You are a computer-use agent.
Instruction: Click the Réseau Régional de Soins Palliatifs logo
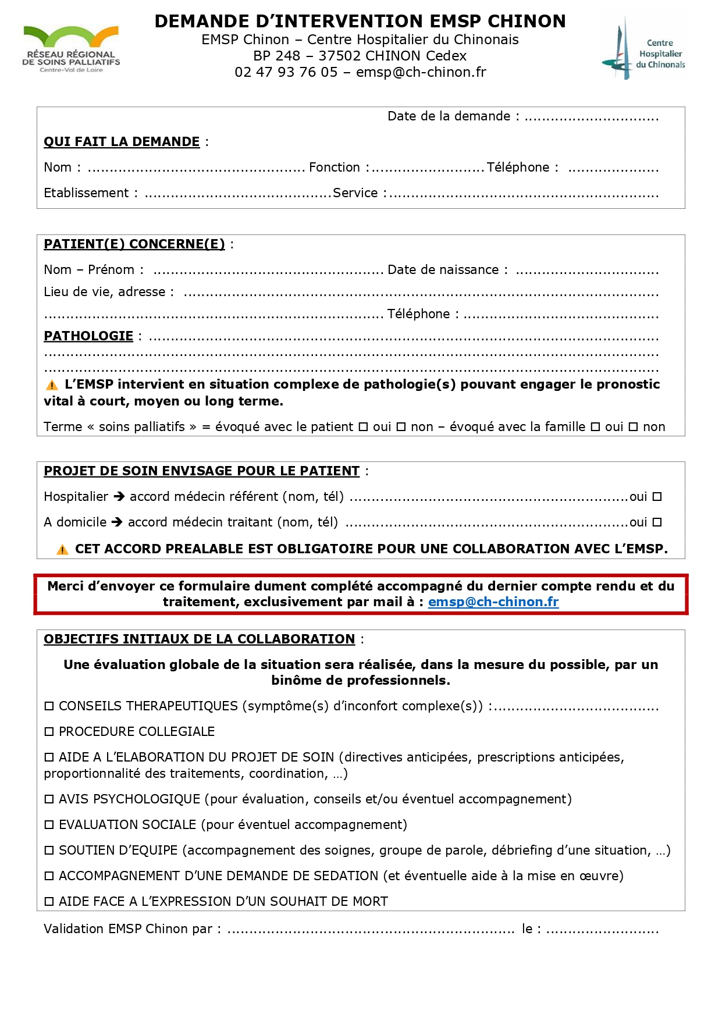coord(71,49)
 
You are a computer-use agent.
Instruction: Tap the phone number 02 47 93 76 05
coord(286,72)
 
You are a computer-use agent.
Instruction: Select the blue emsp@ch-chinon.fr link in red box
coord(493,602)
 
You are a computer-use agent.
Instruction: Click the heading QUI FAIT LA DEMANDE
coord(122,142)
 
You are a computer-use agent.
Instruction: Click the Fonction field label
coord(335,168)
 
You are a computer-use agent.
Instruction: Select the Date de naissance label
coord(443,270)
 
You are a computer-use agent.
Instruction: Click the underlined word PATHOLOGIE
coord(88,336)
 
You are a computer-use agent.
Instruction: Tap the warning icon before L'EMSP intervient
coord(52,385)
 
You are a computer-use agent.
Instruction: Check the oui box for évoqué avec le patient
coord(363,427)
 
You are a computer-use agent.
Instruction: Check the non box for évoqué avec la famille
coord(633,427)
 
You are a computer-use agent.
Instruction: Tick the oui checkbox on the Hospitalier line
coord(657,497)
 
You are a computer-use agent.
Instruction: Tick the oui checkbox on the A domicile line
coord(657,522)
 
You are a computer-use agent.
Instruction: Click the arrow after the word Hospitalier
coord(119,497)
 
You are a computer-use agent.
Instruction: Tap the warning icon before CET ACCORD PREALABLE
coord(62,550)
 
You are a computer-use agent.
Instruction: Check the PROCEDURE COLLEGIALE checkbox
coord(49,732)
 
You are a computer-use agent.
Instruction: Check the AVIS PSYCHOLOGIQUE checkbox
coord(49,799)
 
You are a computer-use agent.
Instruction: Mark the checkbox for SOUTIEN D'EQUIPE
coord(49,851)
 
